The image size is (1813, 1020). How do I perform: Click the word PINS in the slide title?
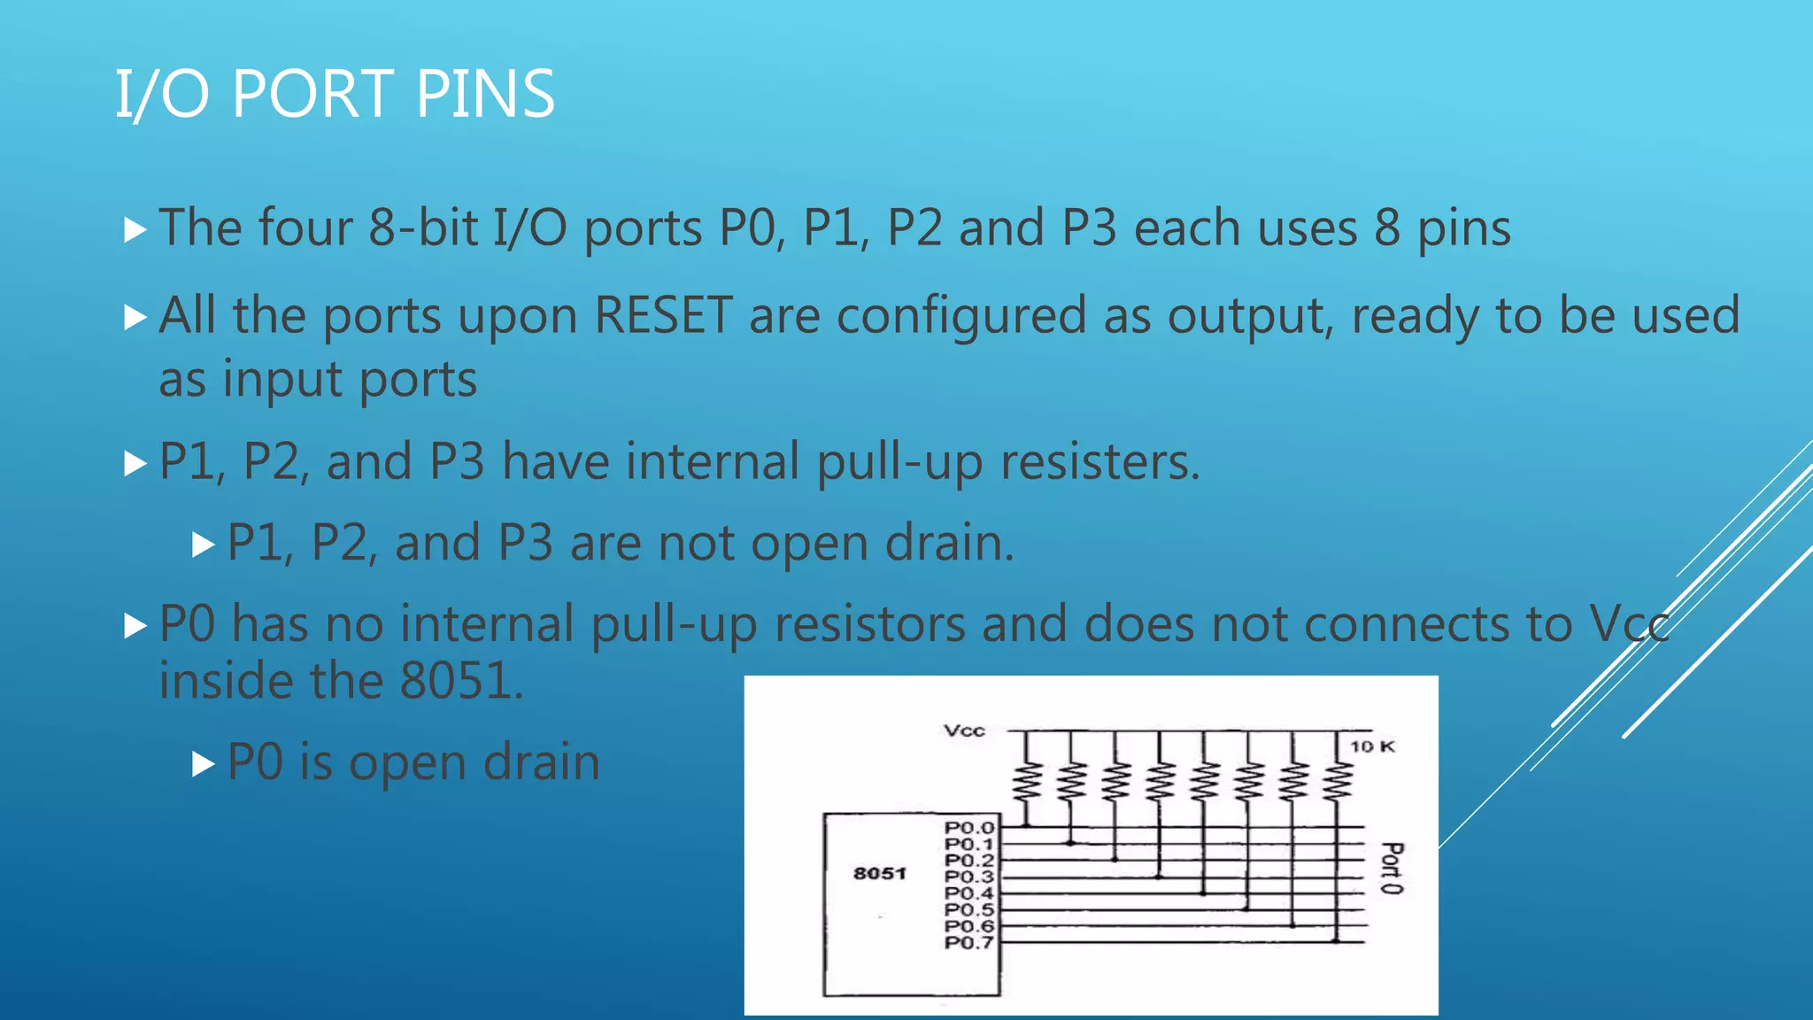[485, 94]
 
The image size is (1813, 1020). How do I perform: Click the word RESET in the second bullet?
[663, 315]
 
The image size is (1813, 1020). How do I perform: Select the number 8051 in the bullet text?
[456, 681]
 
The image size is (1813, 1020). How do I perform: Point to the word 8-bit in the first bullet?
[423, 228]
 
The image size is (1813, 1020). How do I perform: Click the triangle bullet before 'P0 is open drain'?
[204, 763]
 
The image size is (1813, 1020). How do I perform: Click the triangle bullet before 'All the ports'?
[135, 317]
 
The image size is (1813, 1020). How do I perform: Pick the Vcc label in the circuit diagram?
[964, 730]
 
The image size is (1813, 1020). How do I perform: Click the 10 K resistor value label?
[1371, 746]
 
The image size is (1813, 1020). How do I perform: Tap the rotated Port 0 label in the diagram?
[1392, 868]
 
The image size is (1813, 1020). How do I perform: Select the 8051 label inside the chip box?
[879, 873]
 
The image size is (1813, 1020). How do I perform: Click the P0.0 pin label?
[969, 828]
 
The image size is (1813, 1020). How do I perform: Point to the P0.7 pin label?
[969, 942]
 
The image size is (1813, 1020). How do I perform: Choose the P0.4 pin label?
[969, 893]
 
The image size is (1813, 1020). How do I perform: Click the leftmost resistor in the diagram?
[1026, 780]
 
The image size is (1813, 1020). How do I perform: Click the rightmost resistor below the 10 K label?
[1337, 780]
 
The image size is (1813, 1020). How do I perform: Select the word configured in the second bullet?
[961, 317]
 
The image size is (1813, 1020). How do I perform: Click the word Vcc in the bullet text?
[1629, 624]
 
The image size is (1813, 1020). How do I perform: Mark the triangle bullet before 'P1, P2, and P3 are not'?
[204, 544]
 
